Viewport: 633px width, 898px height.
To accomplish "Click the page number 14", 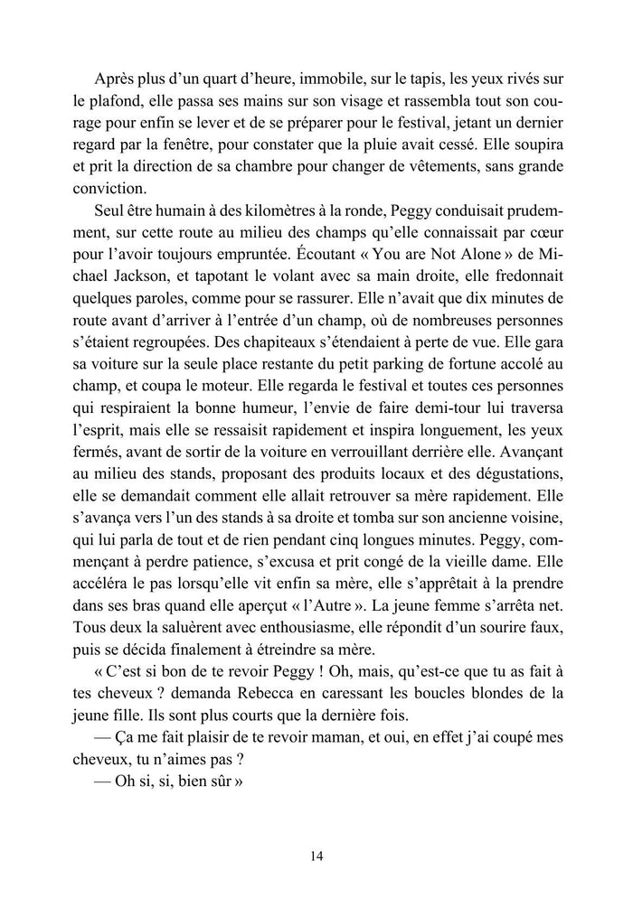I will point(316,856).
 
